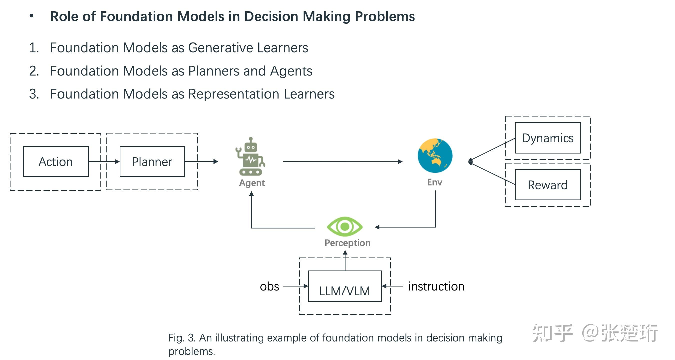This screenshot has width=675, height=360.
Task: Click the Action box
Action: (x=55, y=161)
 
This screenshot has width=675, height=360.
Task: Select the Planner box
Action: (x=152, y=161)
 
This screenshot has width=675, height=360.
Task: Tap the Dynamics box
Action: (x=548, y=138)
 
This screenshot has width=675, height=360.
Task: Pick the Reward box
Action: (x=548, y=185)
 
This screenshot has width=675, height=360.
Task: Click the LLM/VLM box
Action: (x=344, y=286)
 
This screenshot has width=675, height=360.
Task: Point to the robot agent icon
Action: (x=251, y=156)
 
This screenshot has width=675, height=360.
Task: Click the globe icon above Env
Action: (x=435, y=155)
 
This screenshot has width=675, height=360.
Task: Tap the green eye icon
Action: (x=344, y=226)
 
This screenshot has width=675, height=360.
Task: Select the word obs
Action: (x=269, y=286)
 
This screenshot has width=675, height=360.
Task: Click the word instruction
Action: (x=436, y=286)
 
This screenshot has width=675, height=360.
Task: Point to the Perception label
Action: (x=347, y=243)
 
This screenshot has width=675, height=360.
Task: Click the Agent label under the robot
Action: (x=252, y=183)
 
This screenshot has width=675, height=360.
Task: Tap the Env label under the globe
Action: (x=434, y=182)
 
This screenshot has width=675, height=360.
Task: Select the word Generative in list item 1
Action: (x=221, y=48)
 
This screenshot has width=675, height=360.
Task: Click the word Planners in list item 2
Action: (x=214, y=71)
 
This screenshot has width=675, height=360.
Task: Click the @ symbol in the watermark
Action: (x=590, y=332)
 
